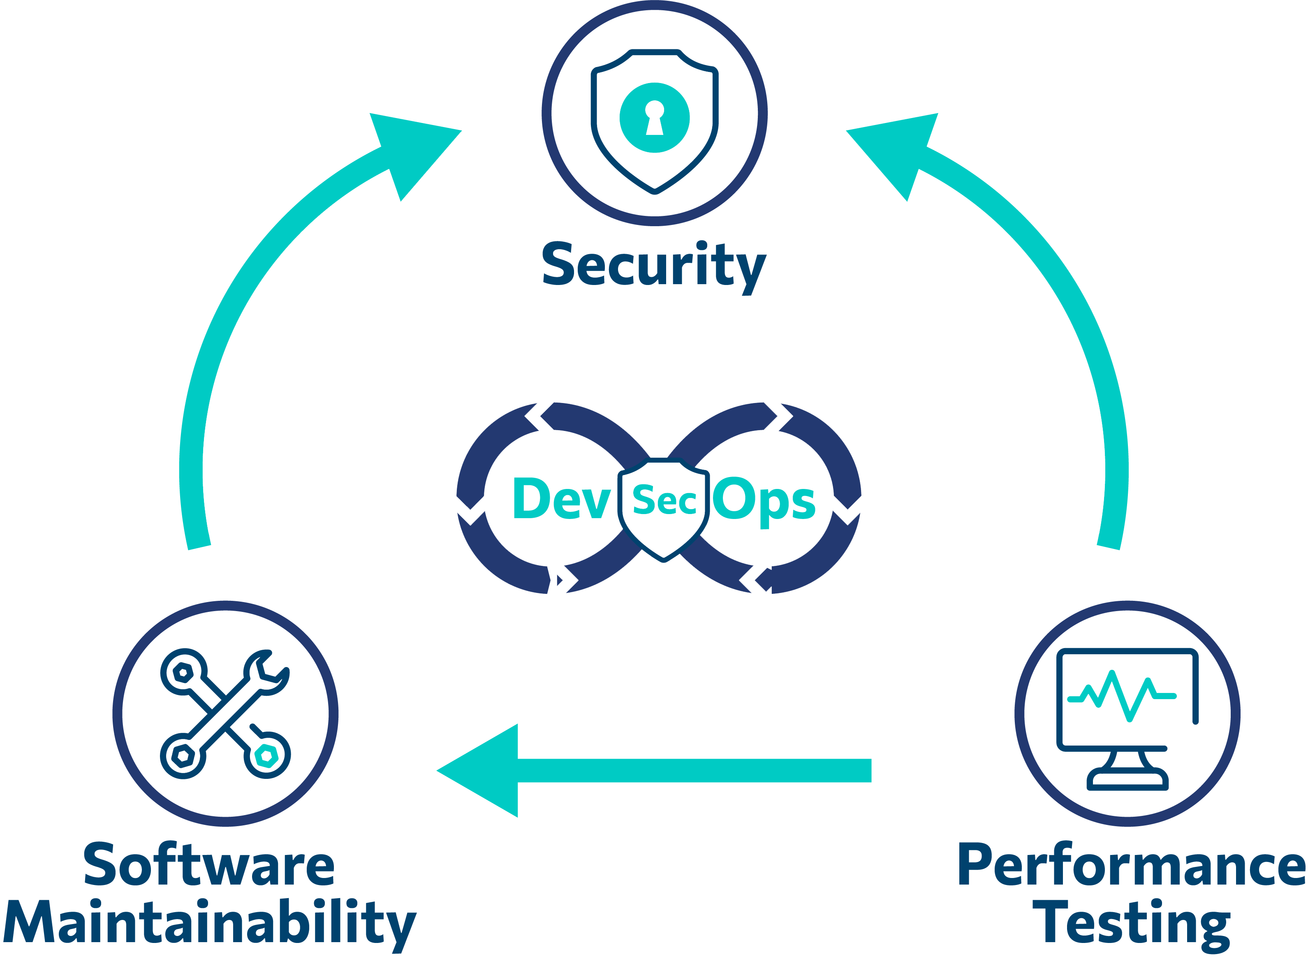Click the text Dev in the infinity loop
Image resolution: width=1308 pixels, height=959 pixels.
click(561, 498)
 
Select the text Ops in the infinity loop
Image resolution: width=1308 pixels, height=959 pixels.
click(764, 499)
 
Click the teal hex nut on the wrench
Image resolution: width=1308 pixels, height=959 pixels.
click(266, 755)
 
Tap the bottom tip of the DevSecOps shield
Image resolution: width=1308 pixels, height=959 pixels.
click(663, 560)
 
